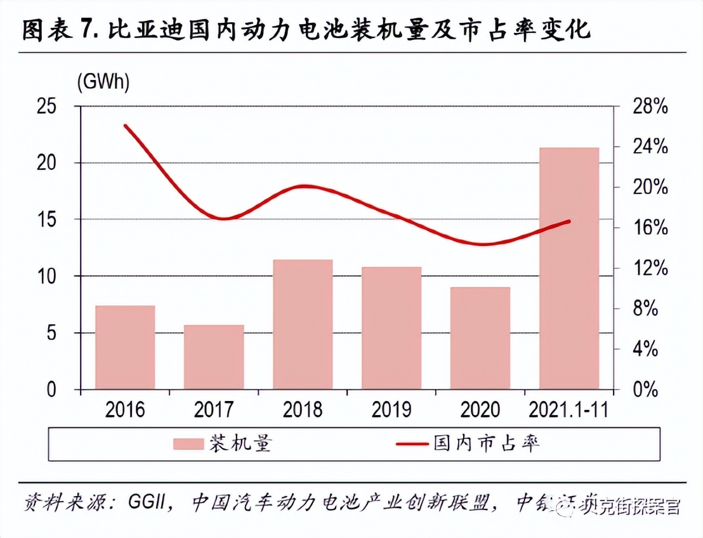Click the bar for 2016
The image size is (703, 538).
click(x=125, y=347)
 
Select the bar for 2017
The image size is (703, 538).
click(x=214, y=357)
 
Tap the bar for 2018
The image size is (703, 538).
click(x=303, y=324)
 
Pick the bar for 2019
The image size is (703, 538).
click(x=391, y=327)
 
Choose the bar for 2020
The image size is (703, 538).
click(x=480, y=338)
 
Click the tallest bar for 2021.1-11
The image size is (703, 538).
click(x=569, y=268)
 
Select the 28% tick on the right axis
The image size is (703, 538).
click(x=650, y=107)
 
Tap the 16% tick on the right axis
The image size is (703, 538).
click(x=650, y=228)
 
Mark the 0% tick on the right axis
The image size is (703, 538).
click(x=650, y=390)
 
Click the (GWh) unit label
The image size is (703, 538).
click(x=103, y=82)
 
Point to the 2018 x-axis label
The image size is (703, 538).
click(x=303, y=410)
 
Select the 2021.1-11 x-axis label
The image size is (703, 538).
click(x=568, y=410)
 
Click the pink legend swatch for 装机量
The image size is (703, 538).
click(x=189, y=444)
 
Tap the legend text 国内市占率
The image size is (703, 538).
click(x=487, y=443)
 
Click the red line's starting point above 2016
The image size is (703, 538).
click(x=125, y=126)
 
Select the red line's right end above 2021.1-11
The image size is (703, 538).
click(x=569, y=221)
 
